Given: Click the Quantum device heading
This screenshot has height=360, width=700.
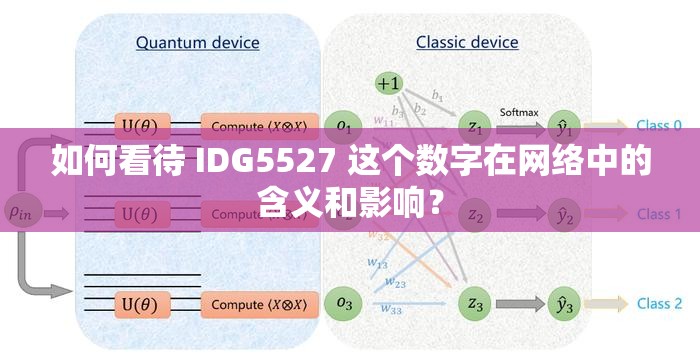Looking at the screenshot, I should tap(197, 43).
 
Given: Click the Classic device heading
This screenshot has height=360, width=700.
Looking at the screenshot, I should tap(467, 43).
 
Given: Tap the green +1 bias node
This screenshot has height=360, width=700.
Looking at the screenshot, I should tap(388, 82).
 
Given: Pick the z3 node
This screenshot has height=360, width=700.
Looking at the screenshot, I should tap(475, 302).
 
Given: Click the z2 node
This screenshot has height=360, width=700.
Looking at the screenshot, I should tap(475, 214).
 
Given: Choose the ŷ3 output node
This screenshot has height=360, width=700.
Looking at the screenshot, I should tap(564, 302).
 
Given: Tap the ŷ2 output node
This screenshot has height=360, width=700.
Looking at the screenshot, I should tap(564, 214).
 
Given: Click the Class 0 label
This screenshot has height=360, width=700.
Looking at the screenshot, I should tap(659, 126).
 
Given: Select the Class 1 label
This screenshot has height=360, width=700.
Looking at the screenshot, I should tap(659, 214).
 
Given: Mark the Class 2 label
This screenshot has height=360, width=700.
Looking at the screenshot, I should tap(659, 303).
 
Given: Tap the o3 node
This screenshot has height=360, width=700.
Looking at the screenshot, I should tap(345, 302).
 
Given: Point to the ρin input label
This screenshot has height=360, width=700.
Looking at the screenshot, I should tap(19, 212).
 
